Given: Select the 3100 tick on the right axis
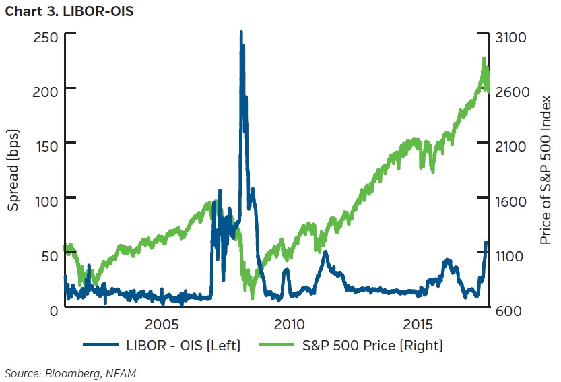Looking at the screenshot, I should tap(511, 37).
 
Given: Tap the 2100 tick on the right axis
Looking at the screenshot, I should tap(511, 146).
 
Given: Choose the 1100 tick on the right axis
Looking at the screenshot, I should tap(511, 256).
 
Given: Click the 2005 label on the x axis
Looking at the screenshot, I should tap(162, 325).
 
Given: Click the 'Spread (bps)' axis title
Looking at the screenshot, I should tap(13, 172).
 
